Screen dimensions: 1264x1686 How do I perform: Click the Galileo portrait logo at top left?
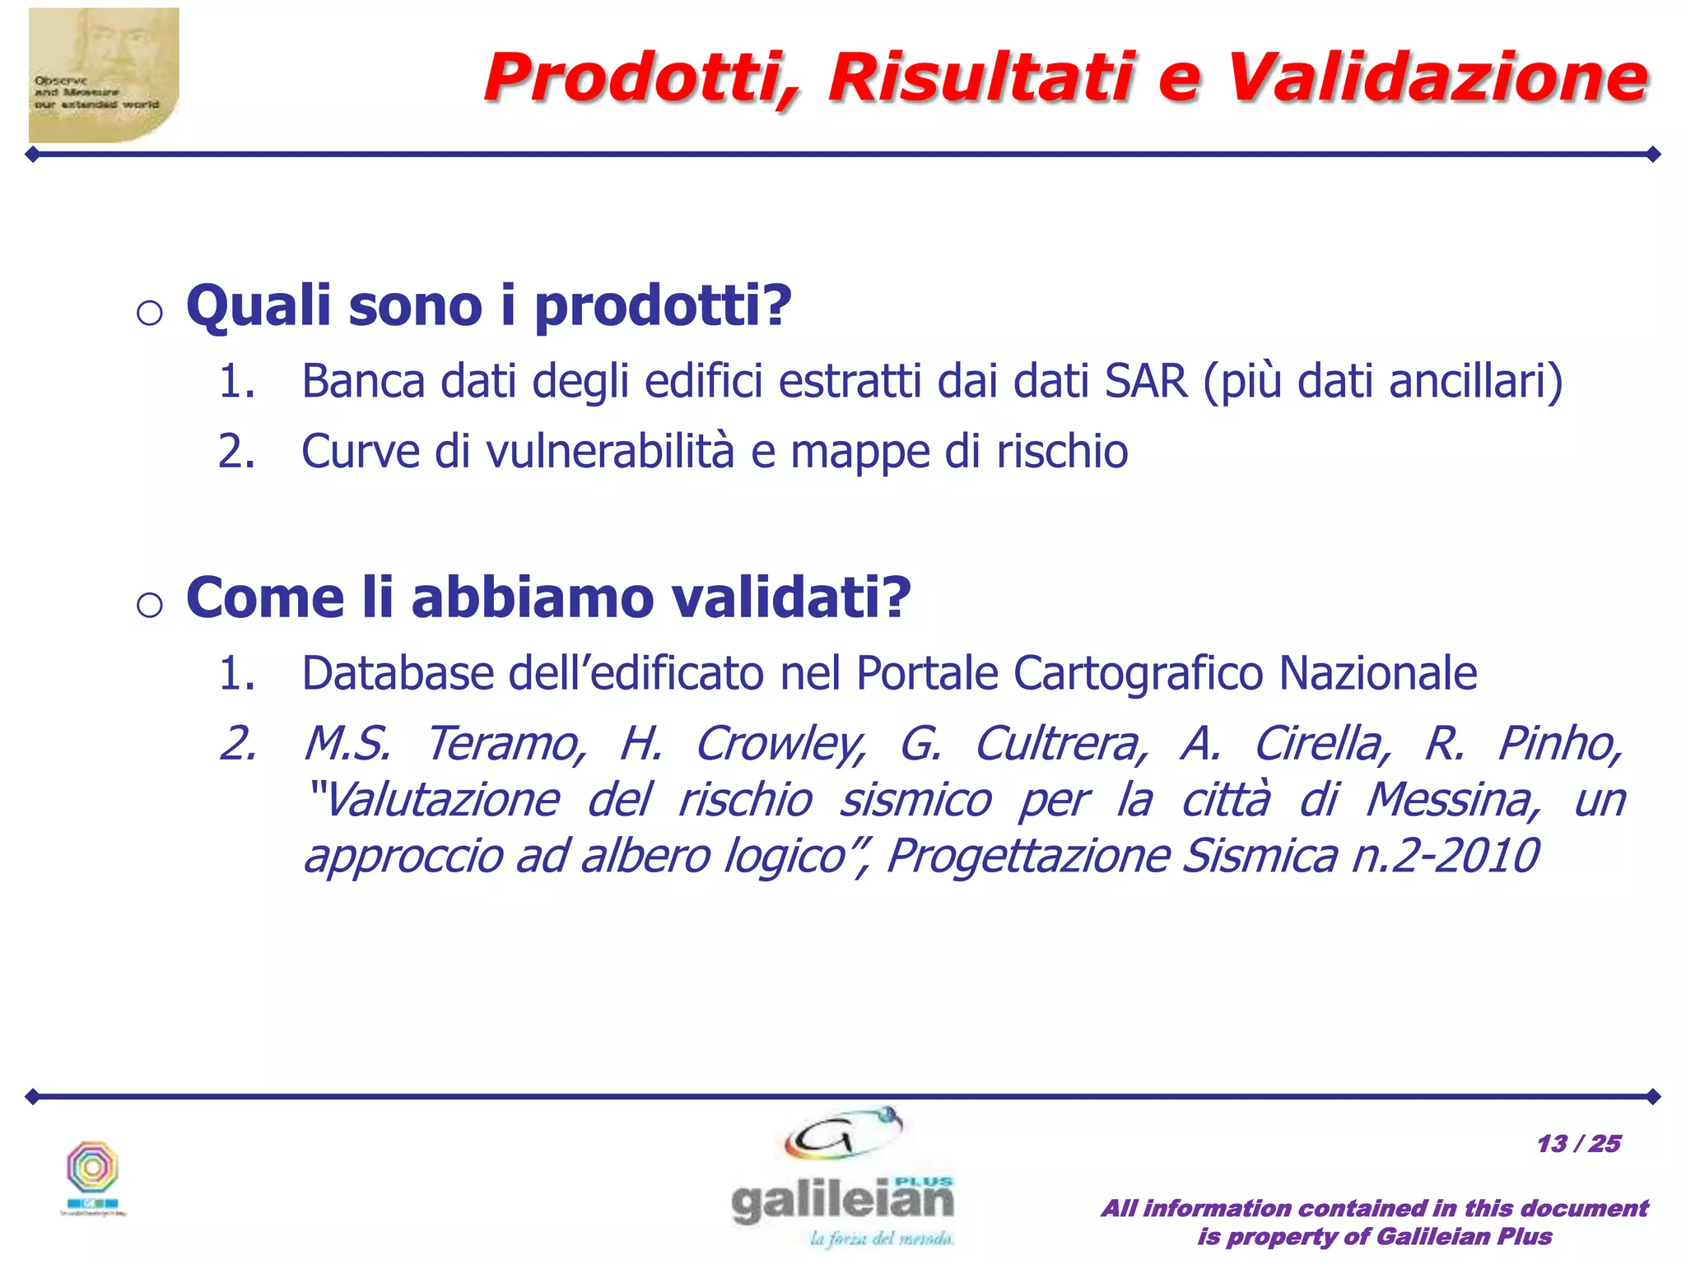pos(104,75)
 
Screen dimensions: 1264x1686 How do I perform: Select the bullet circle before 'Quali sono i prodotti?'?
pos(149,314)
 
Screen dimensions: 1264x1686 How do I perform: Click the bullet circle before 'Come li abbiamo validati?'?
pos(149,605)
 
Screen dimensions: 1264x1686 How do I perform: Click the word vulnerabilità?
pos(610,451)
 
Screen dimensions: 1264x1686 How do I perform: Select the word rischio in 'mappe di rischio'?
pos(1062,451)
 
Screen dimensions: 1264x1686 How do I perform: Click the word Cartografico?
pos(1138,672)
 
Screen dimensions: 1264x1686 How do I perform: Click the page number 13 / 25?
pos(1578,1143)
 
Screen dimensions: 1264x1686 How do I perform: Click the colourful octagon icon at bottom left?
pos(93,1168)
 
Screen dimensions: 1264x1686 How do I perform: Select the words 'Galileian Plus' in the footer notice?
pos(1464,1236)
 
